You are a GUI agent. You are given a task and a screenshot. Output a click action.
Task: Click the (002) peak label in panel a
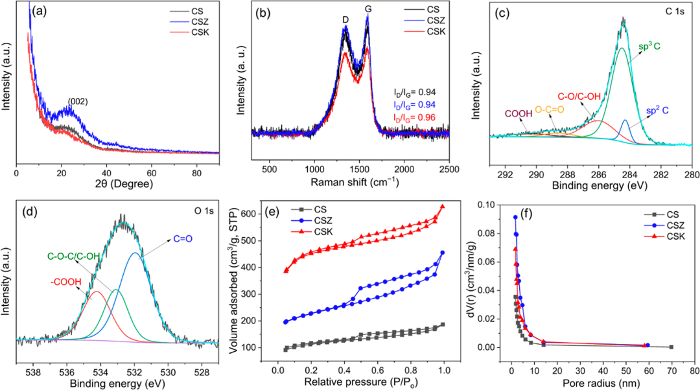(78, 102)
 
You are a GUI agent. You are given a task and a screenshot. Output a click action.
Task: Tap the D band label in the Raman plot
(345, 20)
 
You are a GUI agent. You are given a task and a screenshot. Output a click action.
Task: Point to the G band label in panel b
(368, 9)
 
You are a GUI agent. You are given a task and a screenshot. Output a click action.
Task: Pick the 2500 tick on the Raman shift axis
(449, 170)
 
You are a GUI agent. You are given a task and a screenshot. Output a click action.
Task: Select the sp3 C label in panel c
(650, 45)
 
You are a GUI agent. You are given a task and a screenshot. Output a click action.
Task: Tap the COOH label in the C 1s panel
(519, 114)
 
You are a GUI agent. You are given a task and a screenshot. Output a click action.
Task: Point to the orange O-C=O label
(550, 109)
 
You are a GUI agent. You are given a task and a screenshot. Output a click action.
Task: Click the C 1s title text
(675, 12)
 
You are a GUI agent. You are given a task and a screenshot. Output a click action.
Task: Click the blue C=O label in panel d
(183, 239)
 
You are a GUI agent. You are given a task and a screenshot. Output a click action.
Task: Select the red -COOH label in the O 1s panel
(65, 282)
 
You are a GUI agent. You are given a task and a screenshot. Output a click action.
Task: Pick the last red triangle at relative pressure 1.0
(443, 207)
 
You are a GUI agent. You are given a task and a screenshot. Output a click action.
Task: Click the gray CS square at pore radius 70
(671, 347)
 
